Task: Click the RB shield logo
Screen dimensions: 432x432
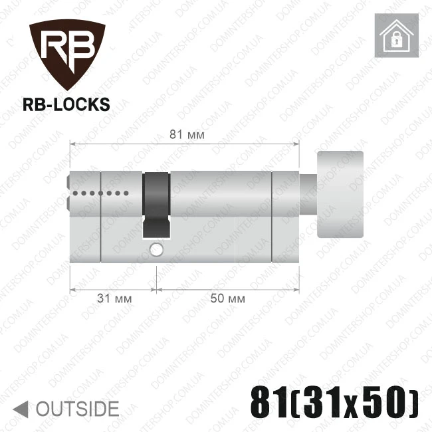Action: [67, 54]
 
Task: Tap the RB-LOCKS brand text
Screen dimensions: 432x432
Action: [66, 105]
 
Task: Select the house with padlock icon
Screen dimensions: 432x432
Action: [397, 35]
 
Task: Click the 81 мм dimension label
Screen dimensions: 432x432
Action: [187, 135]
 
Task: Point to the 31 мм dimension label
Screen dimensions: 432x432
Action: [114, 298]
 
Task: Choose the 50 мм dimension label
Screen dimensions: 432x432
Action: [227, 298]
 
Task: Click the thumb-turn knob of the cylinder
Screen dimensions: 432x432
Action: [340, 194]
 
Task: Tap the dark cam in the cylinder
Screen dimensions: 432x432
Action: [156, 205]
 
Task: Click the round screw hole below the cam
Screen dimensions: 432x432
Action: [156, 250]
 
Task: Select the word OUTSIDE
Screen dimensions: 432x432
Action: [78, 409]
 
